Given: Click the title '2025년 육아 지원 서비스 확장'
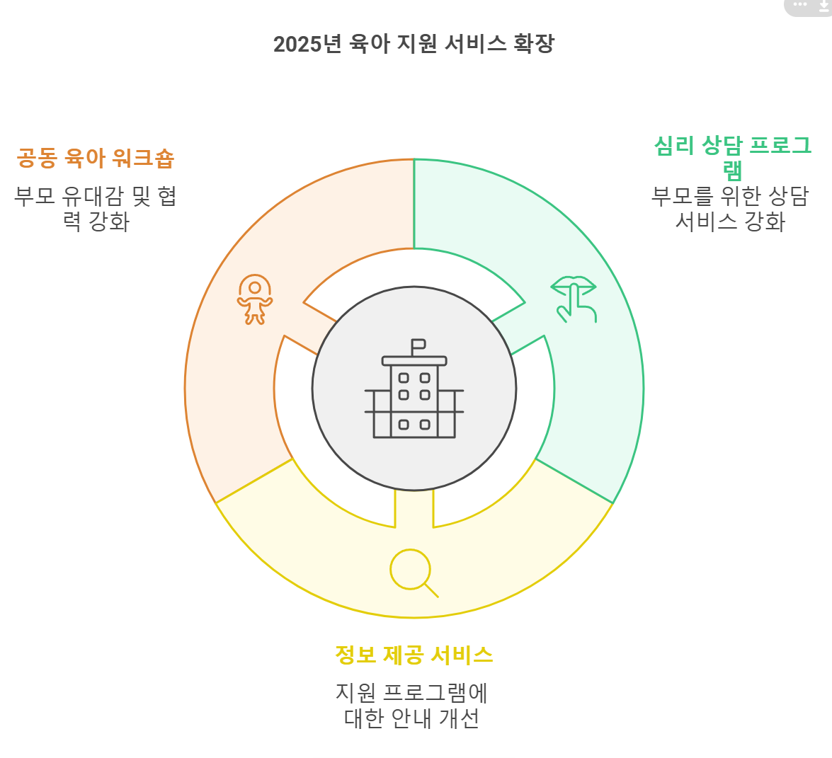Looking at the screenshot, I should pos(414,44).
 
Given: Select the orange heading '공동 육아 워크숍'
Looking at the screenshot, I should pos(96,158).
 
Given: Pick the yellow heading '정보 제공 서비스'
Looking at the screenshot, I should pos(414,655).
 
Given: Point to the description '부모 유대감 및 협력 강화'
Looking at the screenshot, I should pos(96,209).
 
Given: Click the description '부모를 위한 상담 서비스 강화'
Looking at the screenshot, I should pos(730,209).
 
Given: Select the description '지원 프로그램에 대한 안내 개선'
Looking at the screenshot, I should pos(411,705).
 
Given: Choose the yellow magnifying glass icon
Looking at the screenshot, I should pos(412,571).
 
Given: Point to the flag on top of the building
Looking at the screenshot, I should pos(418,346).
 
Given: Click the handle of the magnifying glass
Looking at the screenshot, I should pos(431,590).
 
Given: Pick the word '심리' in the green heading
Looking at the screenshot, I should pos(674,146).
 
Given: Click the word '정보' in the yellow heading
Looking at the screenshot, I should pos(355,655).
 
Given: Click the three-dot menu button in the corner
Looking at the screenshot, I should pos(801,5).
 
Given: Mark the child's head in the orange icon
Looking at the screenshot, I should pos(255,288).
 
